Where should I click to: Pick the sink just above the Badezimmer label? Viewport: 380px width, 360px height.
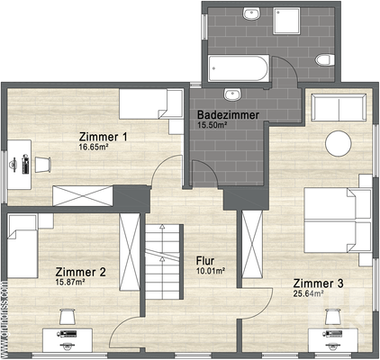tap(233, 94)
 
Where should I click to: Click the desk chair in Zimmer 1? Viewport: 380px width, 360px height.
tap(42, 162)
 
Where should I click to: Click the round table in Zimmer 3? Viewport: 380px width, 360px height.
tap(339, 145)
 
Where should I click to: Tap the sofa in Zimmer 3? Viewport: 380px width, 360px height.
tap(338, 110)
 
